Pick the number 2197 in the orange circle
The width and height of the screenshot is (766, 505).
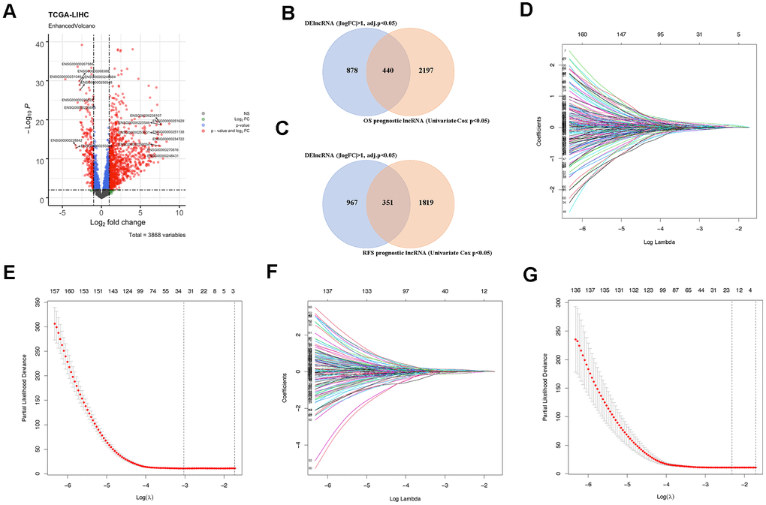[x=443, y=71]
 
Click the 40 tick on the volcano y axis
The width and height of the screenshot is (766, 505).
[x=37, y=44]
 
